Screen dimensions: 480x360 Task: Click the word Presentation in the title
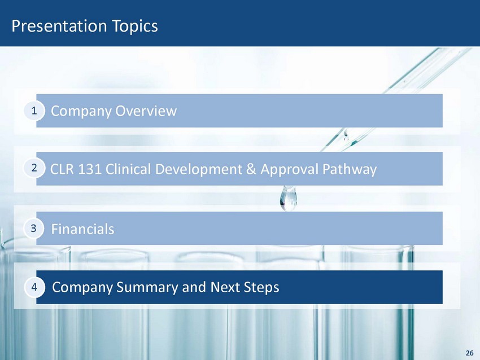tap(59, 26)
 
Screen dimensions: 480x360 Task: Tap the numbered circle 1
tap(34, 111)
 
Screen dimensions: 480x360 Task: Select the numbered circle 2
tap(34, 168)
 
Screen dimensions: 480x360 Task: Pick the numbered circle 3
tap(34, 228)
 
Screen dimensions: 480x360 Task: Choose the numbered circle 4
tap(34, 287)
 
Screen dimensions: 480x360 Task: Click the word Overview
tap(146, 111)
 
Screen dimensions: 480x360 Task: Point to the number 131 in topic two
tap(90, 169)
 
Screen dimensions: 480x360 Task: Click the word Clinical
tap(128, 169)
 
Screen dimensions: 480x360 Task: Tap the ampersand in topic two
tap(251, 169)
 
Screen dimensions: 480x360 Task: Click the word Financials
tap(82, 229)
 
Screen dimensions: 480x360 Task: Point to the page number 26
tap(469, 353)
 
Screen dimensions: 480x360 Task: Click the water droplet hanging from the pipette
tap(289, 199)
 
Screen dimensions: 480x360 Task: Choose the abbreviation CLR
tap(62, 169)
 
